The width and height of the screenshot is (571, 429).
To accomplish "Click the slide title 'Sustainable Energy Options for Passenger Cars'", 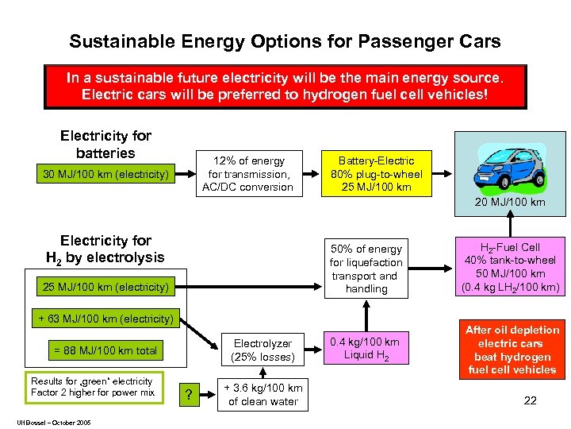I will point(285,41).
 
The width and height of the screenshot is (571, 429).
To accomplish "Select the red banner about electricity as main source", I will point(285,87).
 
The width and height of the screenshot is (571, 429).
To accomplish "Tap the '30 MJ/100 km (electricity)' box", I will point(105,174).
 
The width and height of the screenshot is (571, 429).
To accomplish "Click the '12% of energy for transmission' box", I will point(247,174).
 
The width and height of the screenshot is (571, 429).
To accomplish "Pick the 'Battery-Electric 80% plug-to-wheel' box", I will point(376,173).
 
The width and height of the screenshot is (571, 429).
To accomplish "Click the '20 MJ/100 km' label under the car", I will point(510,203).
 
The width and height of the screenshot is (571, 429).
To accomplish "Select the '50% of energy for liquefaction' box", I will point(366,269).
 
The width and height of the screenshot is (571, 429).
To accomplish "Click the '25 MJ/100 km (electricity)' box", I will point(105,287).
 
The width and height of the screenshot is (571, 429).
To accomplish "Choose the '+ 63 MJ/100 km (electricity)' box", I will point(105,319).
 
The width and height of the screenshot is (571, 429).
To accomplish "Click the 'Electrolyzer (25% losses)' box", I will point(263,350).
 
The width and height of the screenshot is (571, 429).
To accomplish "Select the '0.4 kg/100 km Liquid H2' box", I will point(366,348).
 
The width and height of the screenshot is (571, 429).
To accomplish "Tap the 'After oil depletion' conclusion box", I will point(512,350).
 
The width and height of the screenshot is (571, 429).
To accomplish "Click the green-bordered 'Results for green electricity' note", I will point(93,387).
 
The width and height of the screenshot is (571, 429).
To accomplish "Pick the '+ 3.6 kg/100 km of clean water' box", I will point(263,395).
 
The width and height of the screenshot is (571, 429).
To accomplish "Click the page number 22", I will point(530,400).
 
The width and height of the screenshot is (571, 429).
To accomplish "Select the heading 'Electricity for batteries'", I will point(105,145).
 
